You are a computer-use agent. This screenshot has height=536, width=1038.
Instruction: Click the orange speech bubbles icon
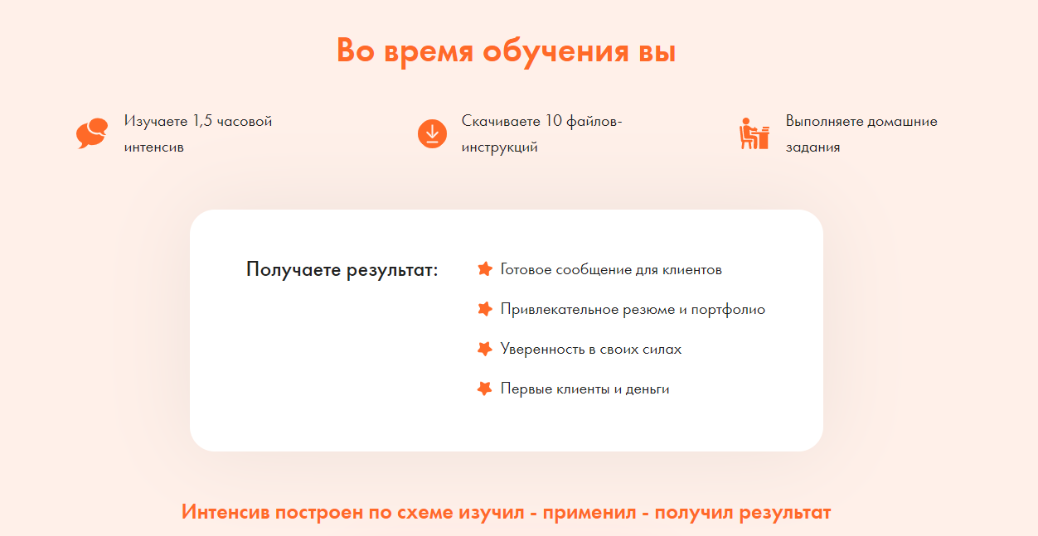click(x=92, y=133)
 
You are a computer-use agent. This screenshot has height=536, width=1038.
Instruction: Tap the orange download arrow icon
click(x=432, y=133)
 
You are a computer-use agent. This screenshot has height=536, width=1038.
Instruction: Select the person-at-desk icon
click(x=754, y=133)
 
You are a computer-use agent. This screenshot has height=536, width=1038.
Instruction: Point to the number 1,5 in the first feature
click(x=202, y=121)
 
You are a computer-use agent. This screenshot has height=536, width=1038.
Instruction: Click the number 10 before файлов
click(x=554, y=121)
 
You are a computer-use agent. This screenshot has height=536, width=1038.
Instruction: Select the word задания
click(x=812, y=147)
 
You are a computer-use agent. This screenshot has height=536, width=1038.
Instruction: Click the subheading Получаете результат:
click(x=342, y=269)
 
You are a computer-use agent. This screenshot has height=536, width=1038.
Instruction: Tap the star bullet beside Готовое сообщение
click(x=485, y=269)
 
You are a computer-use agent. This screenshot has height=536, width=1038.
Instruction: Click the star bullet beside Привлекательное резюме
click(x=485, y=309)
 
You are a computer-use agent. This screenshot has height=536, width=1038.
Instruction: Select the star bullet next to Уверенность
click(x=485, y=349)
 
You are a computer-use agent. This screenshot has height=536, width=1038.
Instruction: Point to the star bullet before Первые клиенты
click(x=485, y=389)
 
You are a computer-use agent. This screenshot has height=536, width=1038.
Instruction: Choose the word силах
click(x=661, y=349)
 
